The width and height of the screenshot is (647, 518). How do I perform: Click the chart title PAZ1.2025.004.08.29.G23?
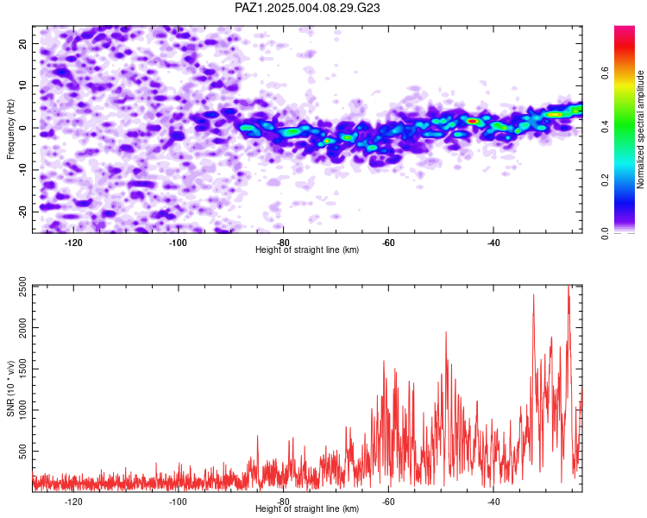(307, 8)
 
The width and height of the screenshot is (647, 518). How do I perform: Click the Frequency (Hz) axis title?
(10, 129)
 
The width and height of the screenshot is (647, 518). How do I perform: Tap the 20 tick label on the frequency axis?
(23, 43)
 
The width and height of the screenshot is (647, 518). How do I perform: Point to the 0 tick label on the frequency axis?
(23, 128)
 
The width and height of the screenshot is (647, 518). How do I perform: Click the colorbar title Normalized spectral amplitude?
(640, 129)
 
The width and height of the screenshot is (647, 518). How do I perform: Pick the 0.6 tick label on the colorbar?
(605, 73)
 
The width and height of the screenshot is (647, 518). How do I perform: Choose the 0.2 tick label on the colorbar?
(605, 180)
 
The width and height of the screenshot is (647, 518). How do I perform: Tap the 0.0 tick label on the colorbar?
(605, 233)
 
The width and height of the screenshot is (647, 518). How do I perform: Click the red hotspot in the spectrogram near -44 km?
(473, 121)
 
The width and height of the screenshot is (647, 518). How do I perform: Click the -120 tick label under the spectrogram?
(73, 243)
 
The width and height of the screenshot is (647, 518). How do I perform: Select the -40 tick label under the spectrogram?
(493, 243)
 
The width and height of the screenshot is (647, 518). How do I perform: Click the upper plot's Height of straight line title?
(307, 250)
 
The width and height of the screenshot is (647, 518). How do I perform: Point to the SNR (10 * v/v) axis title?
(10, 388)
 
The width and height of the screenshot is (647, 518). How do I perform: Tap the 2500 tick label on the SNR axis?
(23, 286)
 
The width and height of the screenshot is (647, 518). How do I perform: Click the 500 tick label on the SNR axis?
(23, 451)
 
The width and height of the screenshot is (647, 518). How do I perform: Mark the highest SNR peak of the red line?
(568, 286)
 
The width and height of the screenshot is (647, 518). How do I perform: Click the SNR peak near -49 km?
(446, 332)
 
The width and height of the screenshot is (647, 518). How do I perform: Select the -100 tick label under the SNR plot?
(179, 502)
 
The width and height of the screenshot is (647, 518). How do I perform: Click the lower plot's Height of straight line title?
(307, 509)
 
